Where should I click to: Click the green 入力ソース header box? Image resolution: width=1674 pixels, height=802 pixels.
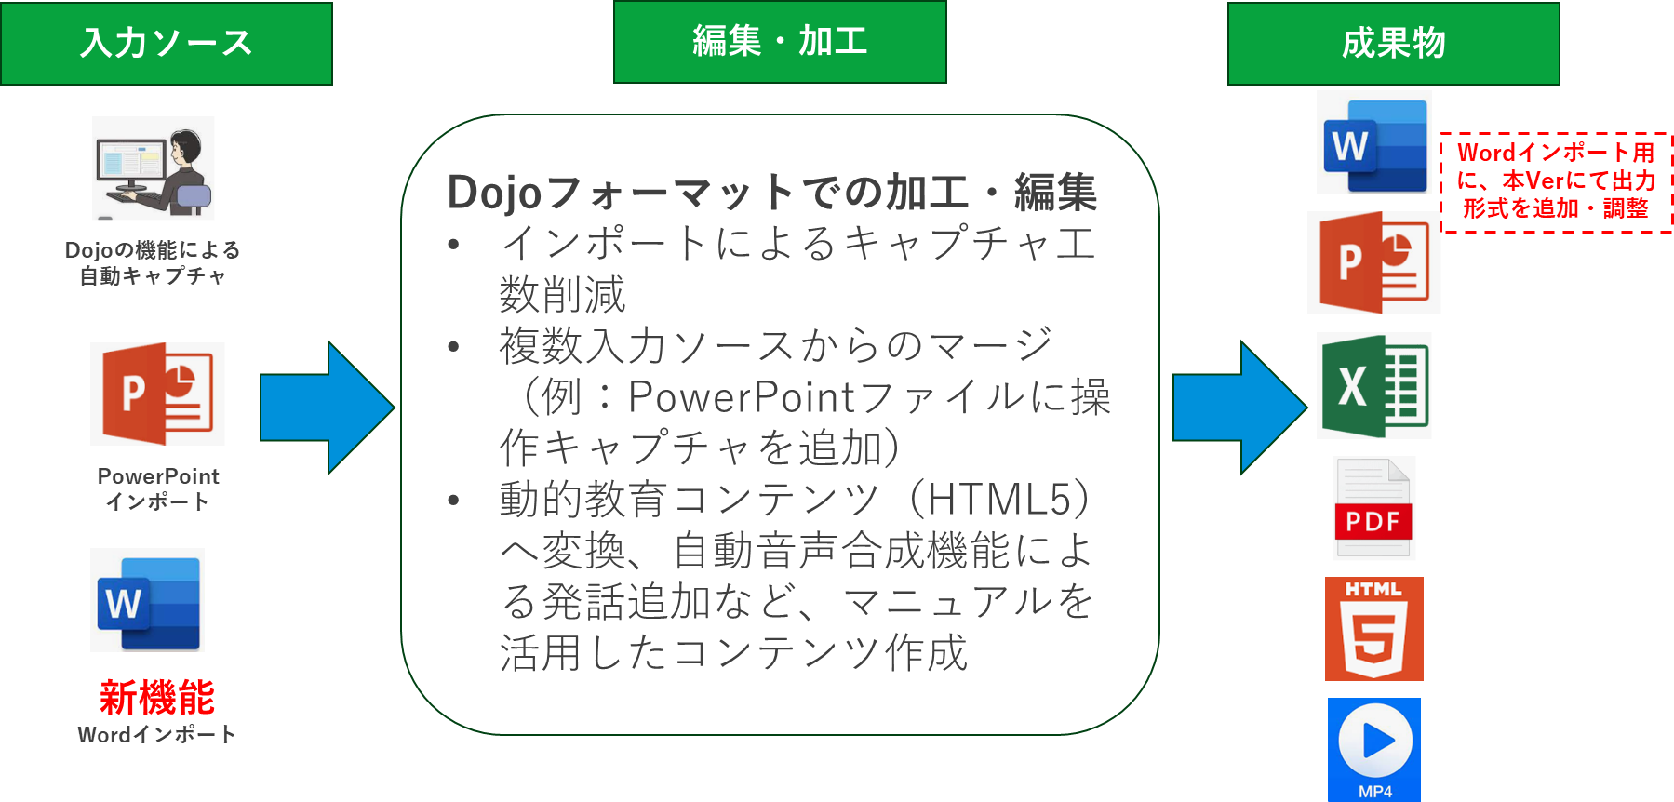[x=167, y=44]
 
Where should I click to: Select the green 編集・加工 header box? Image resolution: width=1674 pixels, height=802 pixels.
[x=780, y=42]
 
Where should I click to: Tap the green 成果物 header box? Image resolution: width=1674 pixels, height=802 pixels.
[x=1393, y=44]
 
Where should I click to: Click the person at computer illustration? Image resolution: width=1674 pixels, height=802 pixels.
[x=154, y=168]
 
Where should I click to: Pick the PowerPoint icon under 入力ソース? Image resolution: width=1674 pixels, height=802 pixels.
[x=157, y=394]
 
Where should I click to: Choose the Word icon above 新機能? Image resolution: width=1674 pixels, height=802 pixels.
[x=147, y=600]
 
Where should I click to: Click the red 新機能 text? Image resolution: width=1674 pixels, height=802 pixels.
[x=156, y=697]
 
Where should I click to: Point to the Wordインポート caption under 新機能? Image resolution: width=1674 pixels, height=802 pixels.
[x=156, y=735]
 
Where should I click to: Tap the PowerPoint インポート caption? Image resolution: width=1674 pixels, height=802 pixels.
[x=158, y=488]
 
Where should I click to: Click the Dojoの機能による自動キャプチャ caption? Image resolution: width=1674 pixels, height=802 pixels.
[x=153, y=262]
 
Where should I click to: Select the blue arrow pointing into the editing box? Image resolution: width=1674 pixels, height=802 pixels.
[x=327, y=408]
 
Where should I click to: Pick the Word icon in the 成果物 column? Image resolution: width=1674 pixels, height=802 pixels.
[x=1373, y=142]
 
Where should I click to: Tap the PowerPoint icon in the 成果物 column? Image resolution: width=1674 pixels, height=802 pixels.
[x=1373, y=262]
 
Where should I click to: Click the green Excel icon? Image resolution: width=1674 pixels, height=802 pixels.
[x=1373, y=385]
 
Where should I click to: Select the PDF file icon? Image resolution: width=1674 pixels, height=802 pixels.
[x=1373, y=508]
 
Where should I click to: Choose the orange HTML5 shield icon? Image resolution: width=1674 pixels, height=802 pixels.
[x=1373, y=629]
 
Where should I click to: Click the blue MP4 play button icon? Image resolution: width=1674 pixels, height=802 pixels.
[x=1373, y=748]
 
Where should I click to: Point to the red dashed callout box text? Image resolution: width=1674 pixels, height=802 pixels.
[x=1556, y=180]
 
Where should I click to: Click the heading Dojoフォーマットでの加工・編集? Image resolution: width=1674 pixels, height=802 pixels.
[x=771, y=193]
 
